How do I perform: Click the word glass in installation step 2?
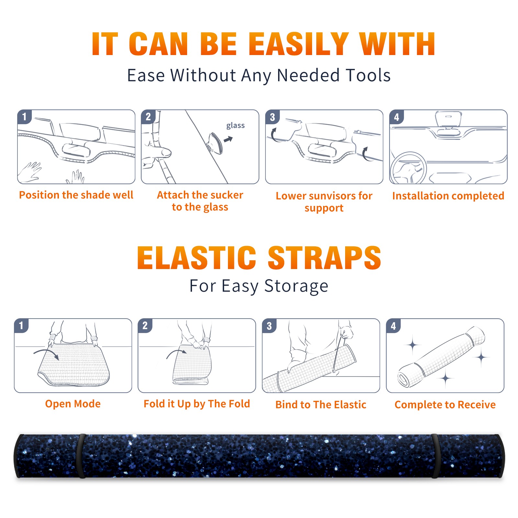(x=235, y=126)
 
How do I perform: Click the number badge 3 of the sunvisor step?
(x=272, y=117)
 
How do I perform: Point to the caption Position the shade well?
(x=76, y=195)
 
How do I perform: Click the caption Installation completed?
(x=448, y=196)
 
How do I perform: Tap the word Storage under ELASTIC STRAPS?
(x=296, y=286)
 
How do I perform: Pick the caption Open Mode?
(x=73, y=404)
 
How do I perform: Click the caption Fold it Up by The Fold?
(x=197, y=404)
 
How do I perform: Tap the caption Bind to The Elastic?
(x=321, y=405)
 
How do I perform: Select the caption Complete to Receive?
(x=445, y=405)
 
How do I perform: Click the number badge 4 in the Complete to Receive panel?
(x=393, y=326)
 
